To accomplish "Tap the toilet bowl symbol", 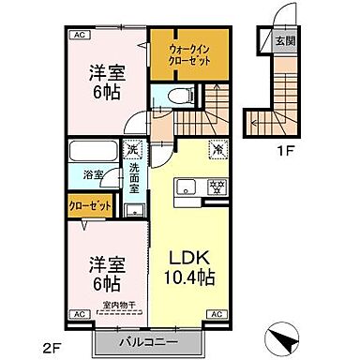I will pos(174,97).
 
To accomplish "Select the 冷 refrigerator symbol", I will pos(217,146).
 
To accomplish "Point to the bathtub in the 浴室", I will pos(92,153).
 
